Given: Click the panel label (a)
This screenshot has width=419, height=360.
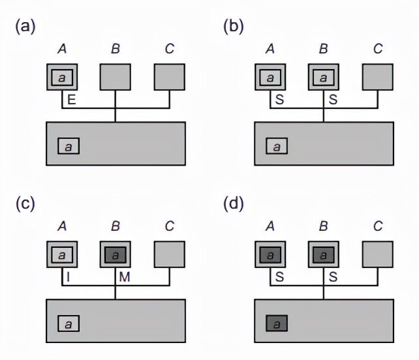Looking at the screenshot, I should pyautogui.click(x=25, y=27).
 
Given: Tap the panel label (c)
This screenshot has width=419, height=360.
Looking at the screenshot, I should pyautogui.click(x=25, y=204).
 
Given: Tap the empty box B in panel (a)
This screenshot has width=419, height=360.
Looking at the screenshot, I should pyautogui.click(x=115, y=78).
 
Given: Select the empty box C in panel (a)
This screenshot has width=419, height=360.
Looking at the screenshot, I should pyautogui.click(x=170, y=78).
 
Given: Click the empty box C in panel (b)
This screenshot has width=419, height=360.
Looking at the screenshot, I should pyautogui.click(x=377, y=78).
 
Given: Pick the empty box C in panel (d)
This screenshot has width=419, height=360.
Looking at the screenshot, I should pyautogui.click(x=377, y=255).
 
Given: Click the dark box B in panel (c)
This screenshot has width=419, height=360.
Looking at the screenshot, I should pyautogui.click(x=115, y=255).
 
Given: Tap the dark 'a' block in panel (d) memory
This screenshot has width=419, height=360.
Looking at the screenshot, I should pyautogui.click(x=277, y=323).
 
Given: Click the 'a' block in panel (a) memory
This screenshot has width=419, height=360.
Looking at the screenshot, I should pyautogui.click(x=69, y=145).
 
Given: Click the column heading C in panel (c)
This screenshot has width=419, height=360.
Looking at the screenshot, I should pyautogui.click(x=170, y=226).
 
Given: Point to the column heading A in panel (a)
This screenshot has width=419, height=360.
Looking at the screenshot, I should pyautogui.click(x=62, y=49).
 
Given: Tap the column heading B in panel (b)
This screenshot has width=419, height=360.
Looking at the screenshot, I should pyautogui.click(x=323, y=49).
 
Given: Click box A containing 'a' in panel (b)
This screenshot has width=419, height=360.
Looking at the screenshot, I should pyautogui.click(x=270, y=78).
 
